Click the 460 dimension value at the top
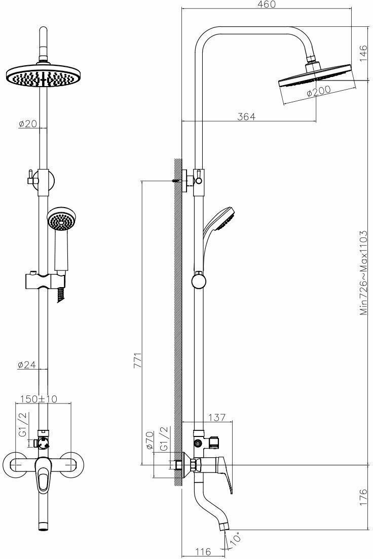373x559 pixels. point(266,5)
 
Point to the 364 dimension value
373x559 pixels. point(246,116)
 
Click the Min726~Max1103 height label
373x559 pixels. point(363,273)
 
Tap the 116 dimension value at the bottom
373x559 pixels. point(203,551)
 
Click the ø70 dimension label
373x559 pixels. point(150,441)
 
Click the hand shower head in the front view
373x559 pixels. point(61,220)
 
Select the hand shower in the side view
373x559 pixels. point(219,223)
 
